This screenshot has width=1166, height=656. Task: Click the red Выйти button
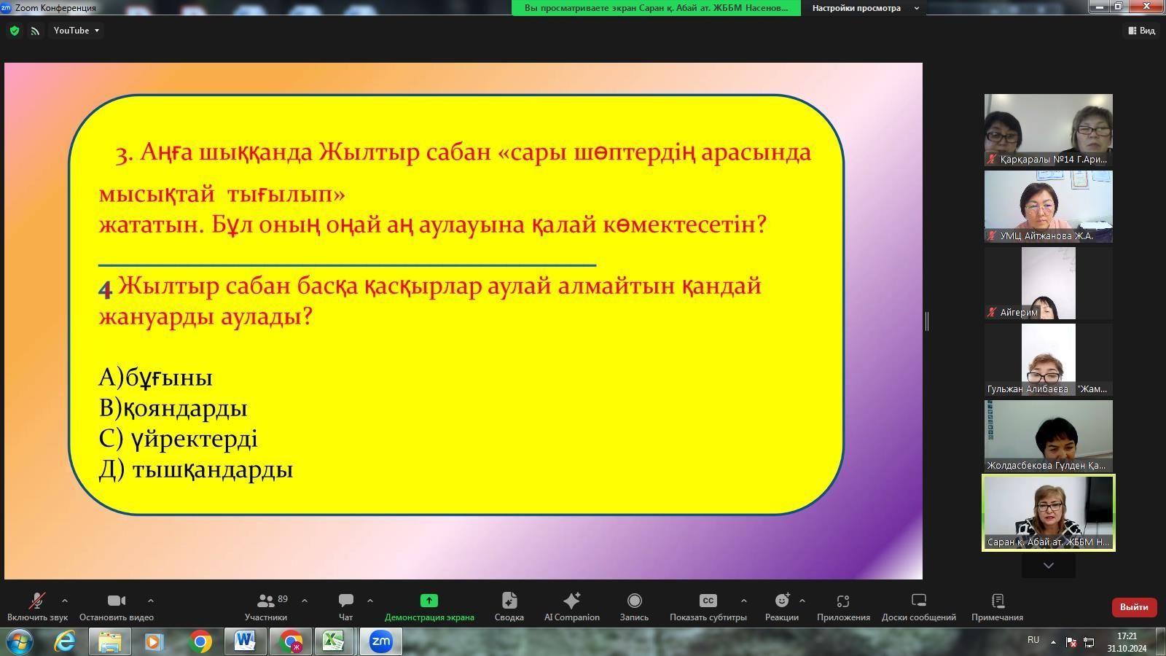pyautogui.click(x=1134, y=607)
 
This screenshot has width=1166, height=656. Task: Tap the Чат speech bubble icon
pyautogui.click(x=345, y=601)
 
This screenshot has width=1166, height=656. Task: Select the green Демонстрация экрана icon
pyautogui.click(x=429, y=601)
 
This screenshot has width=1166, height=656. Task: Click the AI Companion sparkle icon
pyautogui.click(x=571, y=601)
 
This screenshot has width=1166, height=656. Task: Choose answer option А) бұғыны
pyautogui.click(x=156, y=378)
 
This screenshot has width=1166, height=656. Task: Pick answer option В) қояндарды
pyautogui.click(x=173, y=408)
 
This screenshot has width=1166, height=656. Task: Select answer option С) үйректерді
pyautogui.click(x=178, y=439)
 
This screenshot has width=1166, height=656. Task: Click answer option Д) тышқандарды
pyautogui.click(x=196, y=469)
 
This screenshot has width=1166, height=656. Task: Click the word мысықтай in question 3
pyautogui.click(x=157, y=195)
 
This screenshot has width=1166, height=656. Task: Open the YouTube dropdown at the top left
pyautogui.click(x=76, y=31)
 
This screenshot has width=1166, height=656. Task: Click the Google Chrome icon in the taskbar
pyautogui.click(x=200, y=641)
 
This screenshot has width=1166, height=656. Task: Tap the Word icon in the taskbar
pyautogui.click(x=245, y=641)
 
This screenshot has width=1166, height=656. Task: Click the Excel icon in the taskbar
pyautogui.click(x=333, y=641)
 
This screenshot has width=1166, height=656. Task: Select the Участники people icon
pyautogui.click(x=265, y=601)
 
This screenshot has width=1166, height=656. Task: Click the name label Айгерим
pyautogui.click(x=1019, y=313)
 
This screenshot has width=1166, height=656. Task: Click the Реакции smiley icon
pyautogui.click(x=782, y=601)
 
